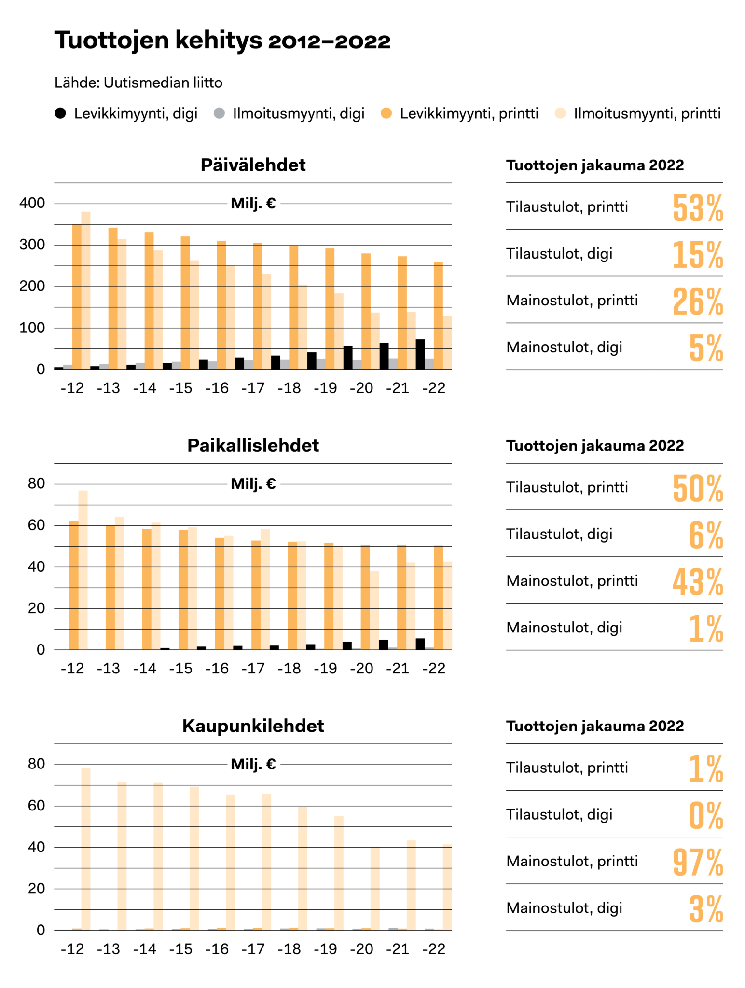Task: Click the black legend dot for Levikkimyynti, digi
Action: (60, 113)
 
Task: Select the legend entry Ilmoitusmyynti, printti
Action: (647, 113)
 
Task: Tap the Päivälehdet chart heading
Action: (253, 165)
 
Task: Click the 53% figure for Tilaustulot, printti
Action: (697, 208)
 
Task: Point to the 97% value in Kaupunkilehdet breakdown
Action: (697, 863)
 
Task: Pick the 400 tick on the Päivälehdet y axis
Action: (32, 203)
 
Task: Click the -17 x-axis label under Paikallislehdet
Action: (253, 668)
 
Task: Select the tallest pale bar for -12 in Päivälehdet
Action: (86, 289)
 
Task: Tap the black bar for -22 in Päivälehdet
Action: (420, 354)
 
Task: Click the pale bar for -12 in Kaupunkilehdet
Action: (86, 849)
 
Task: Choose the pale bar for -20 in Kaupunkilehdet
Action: (375, 888)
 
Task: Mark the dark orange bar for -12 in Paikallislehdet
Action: (74, 585)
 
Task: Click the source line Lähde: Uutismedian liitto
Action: (138, 83)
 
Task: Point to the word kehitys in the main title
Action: (219, 41)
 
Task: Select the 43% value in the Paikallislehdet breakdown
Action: (697, 582)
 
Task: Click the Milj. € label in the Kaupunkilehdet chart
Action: (253, 764)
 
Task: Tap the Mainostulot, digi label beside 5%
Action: (564, 347)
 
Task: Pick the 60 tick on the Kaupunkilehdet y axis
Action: (36, 805)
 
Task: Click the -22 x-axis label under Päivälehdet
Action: (434, 388)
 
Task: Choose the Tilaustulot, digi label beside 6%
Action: (559, 534)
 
